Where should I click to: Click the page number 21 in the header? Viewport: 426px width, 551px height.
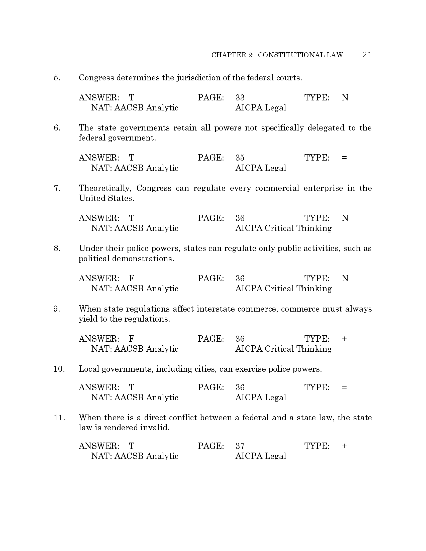(367, 55)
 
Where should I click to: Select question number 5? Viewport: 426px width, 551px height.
(57, 78)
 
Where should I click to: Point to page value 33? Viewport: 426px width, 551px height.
(240, 97)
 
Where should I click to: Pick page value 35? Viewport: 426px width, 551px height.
(240, 158)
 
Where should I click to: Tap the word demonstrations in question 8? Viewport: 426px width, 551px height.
(143, 259)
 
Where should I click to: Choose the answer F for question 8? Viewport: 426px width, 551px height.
(132, 278)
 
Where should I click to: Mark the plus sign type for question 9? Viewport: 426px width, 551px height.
(344, 339)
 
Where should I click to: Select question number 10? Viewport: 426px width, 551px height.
(59, 369)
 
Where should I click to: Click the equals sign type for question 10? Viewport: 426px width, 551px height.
(344, 387)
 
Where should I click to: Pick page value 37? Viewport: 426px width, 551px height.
(240, 446)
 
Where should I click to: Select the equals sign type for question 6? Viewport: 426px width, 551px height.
(344, 158)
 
